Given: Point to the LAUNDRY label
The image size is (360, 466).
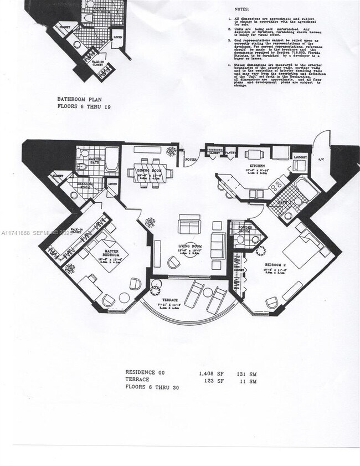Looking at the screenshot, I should point(300,157).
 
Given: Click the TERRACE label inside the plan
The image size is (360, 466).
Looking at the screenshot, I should point(171,299).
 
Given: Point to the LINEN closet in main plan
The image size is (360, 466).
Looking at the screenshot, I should point(113,183).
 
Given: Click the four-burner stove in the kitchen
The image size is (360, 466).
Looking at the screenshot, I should point(277,183).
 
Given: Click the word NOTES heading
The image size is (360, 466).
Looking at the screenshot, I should point(242,9).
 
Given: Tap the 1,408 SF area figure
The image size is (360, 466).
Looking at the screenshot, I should point(210,373).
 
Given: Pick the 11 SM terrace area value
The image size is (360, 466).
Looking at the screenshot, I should point(250,381).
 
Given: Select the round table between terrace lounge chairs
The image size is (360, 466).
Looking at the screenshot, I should point(207,293).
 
